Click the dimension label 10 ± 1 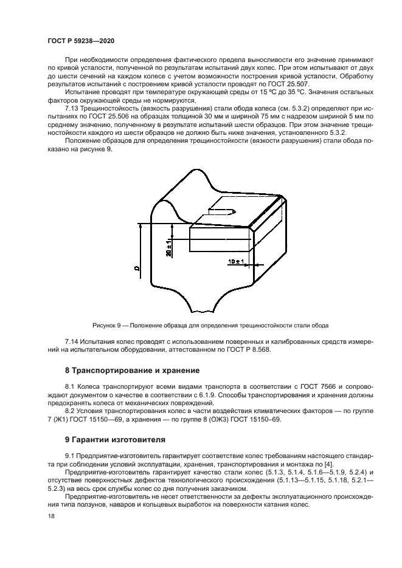pos(236,262)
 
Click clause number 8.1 pos(69,386)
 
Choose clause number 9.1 pos(69,455)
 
